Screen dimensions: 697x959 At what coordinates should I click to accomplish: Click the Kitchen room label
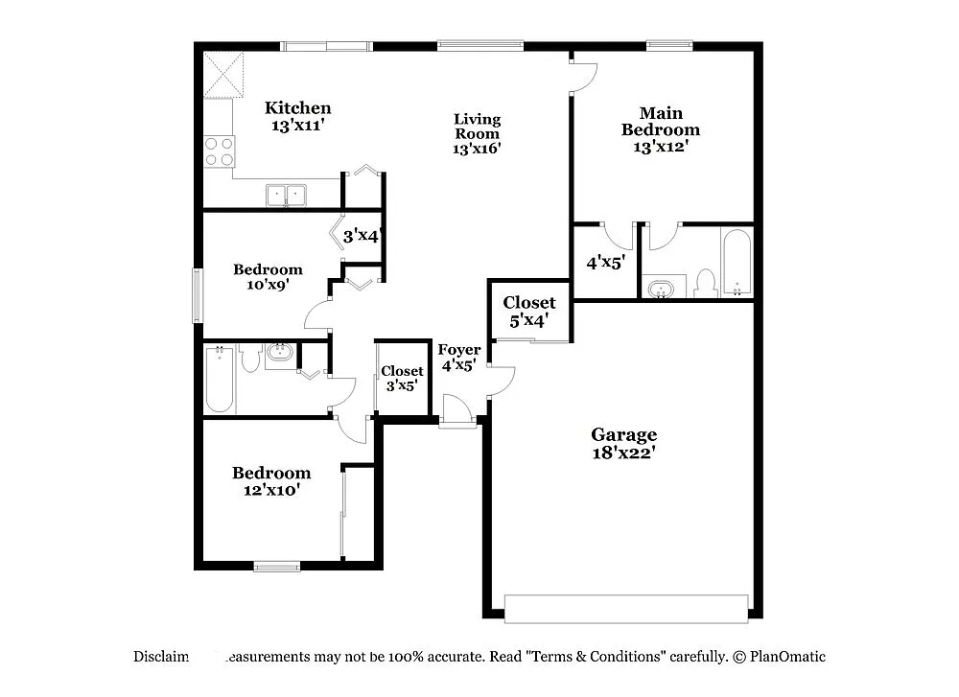point(298,108)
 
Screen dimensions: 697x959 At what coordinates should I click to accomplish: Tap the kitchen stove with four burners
point(220,151)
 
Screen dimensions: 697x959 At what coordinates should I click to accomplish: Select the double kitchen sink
point(286,196)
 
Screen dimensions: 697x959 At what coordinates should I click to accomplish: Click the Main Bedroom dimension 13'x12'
point(660,147)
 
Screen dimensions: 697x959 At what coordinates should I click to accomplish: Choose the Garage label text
point(623,435)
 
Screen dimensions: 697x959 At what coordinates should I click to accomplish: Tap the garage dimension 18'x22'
point(623,453)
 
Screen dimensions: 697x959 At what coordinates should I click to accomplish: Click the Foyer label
point(459,350)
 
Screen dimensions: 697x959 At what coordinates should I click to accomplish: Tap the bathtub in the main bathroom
point(737,263)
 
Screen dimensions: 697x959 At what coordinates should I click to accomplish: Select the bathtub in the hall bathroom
point(220,380)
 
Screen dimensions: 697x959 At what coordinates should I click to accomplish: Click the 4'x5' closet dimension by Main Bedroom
point(606,262)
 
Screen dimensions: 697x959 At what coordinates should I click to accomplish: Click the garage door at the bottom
point(625,608)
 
